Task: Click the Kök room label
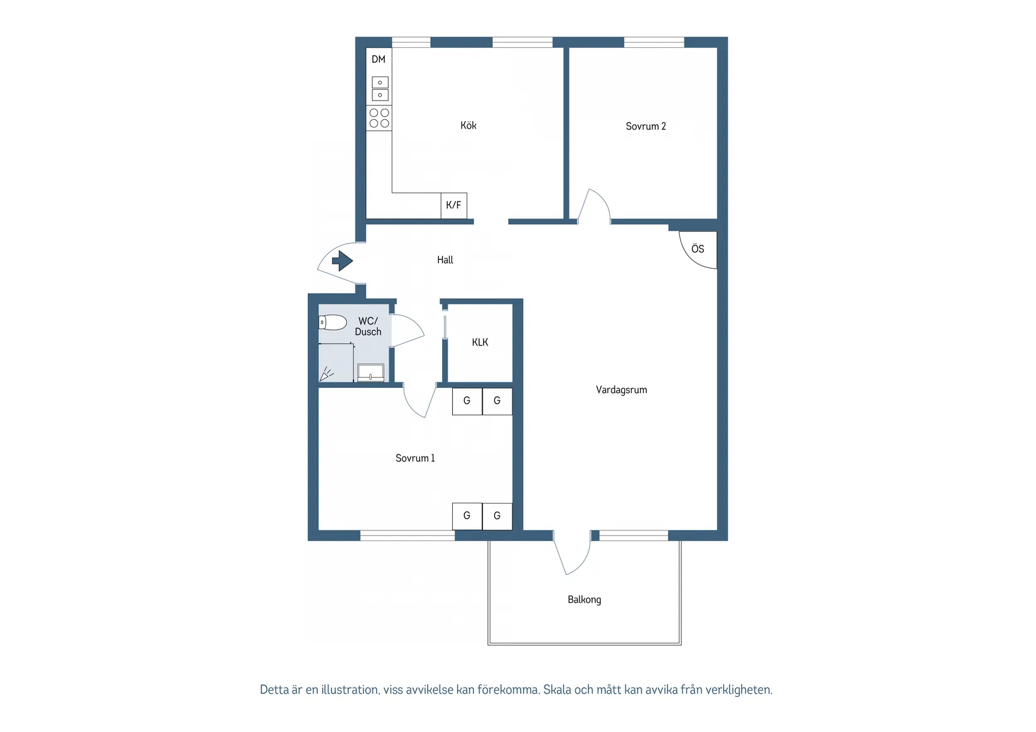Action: tap(468, 126)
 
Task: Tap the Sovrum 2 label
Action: tap(645, 126)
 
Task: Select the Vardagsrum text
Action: tap(621, 390)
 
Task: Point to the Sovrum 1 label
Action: tap(415, 458)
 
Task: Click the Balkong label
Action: tap(584, 600)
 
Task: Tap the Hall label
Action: tap(445, 260)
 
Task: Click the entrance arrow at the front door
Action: tap(342, 261)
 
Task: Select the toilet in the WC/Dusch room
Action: tap(332, 323)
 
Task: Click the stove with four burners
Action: tap(379, 118)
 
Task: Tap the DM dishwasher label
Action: tap(379, 60)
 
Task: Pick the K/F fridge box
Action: tap(453, 205)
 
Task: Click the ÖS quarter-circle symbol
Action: tap(698, 249)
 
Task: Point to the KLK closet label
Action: tap(480, 342)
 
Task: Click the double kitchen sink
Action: tap(380, 89)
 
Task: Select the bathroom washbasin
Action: tap(370, 373)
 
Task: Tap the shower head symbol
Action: tap(326, 375)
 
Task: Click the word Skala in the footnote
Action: tap(557, 690)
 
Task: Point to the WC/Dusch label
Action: tap(368, 326)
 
